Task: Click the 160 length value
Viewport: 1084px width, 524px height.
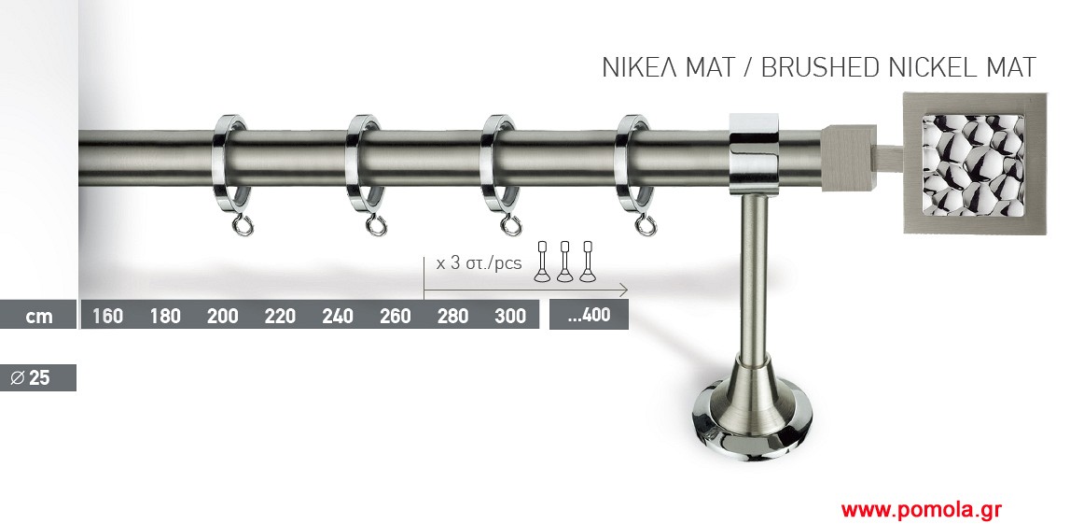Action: (x=108, y=317)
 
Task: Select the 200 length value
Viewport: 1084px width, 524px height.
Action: (x=223, y=317)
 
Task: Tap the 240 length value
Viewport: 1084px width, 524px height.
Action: (x=338, y=317)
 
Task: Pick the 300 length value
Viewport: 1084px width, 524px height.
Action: (x=510, y=317)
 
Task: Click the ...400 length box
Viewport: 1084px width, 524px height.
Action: (x=589, y=315)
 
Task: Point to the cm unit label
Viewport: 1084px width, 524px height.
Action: (x=39, y=317)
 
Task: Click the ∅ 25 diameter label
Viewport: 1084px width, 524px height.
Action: (x=31, y=378)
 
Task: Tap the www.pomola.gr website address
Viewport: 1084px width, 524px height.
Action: (x=921, y=510)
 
